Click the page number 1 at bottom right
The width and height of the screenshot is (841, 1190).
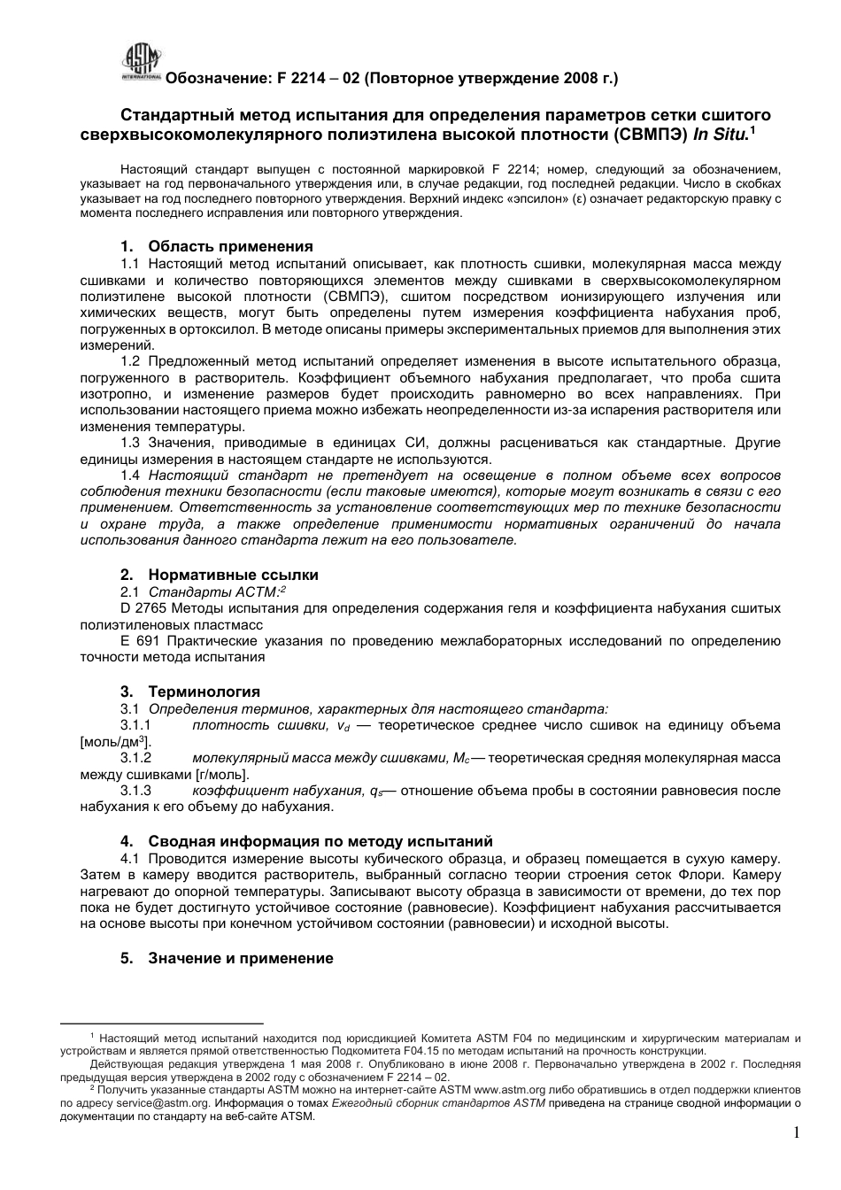796,1133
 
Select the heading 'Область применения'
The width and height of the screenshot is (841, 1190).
230,246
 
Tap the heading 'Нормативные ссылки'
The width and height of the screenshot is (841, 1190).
233,575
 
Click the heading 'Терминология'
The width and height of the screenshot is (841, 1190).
204,692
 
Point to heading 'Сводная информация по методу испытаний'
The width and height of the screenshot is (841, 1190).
320,841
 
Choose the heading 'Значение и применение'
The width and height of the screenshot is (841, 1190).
240,958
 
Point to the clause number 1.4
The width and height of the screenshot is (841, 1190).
131,475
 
